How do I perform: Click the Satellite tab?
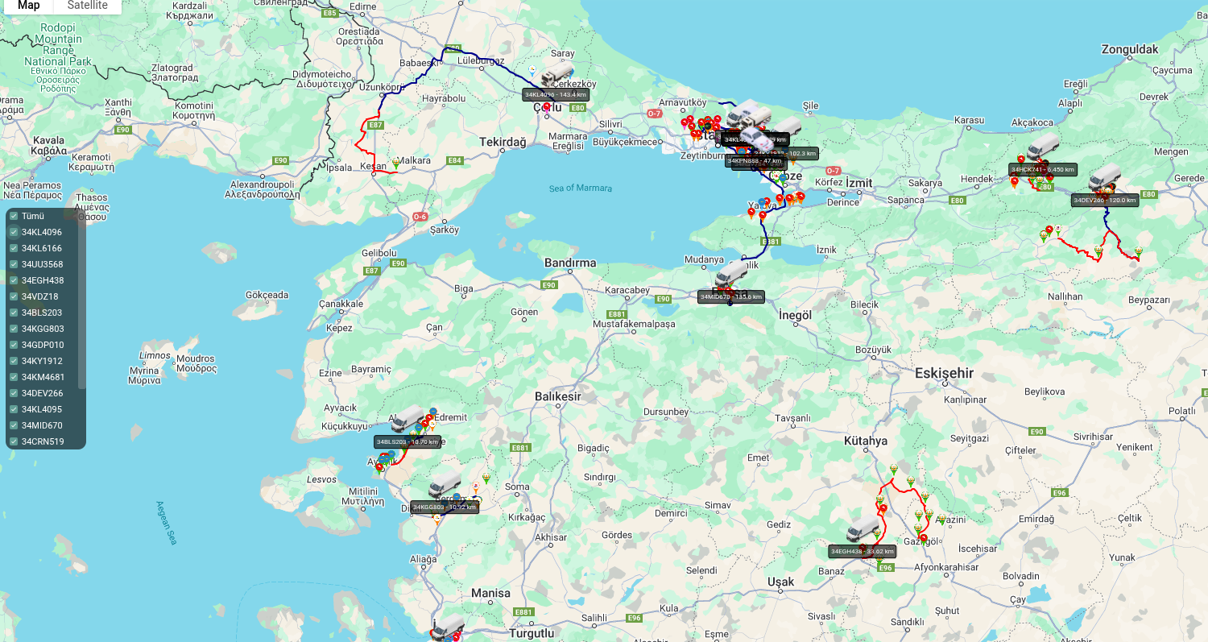87,6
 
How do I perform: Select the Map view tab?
29,6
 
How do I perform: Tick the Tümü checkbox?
14,216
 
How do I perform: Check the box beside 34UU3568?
14,264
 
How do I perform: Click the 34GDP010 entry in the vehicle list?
43,345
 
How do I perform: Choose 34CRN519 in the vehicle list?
43,441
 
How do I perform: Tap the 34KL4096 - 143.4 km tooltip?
556,94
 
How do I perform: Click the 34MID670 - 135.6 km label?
730,296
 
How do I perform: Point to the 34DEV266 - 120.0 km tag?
1105,200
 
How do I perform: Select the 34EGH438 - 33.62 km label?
862,552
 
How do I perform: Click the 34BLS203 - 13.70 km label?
407,441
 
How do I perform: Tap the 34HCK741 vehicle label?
1043,170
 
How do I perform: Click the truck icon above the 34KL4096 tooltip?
557,74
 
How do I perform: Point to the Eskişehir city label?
944,373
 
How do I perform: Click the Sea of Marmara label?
581,188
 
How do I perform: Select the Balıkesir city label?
557,397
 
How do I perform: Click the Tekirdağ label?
503,142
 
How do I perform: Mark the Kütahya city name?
865,441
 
